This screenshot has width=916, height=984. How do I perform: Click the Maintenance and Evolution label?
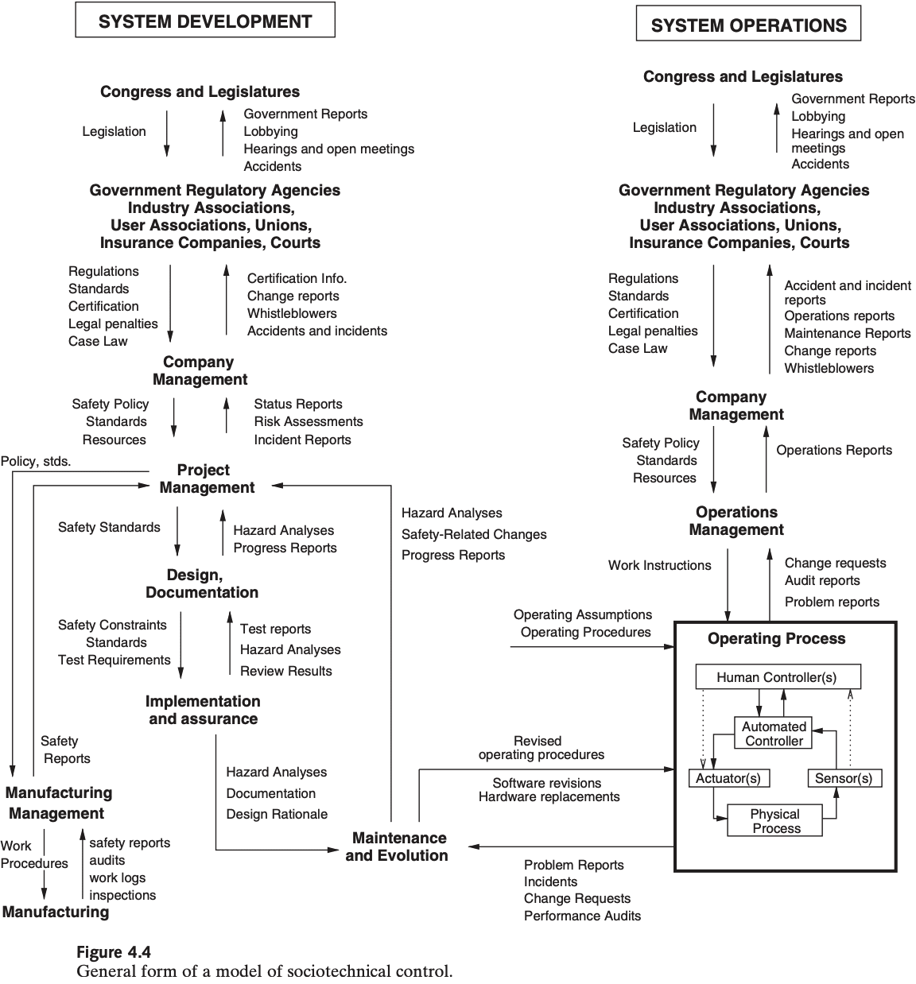click(x=398, y=846)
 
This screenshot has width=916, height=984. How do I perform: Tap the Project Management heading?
click(x=206, y=478)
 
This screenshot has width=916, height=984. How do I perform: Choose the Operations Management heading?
click(x=736, y=521)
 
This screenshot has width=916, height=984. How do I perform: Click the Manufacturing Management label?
click(x=59, y=803)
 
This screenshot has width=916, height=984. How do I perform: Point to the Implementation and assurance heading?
click(x=203, y=710)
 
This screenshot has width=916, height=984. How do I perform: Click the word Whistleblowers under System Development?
click(x=292, y=313)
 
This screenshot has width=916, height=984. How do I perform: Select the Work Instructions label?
click(x=660, y=565)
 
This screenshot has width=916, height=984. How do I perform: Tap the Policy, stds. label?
click(x=36, y=461)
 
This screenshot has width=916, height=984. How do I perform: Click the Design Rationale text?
click(x=277, y=814)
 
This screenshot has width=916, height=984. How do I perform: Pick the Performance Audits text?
click(x=582, y=916)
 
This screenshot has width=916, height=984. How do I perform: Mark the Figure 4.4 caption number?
click(x=114, y=951)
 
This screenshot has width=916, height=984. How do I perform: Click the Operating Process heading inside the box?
click(x=777, y=639)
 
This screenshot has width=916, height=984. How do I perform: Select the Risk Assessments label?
click(x=309, y=421)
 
